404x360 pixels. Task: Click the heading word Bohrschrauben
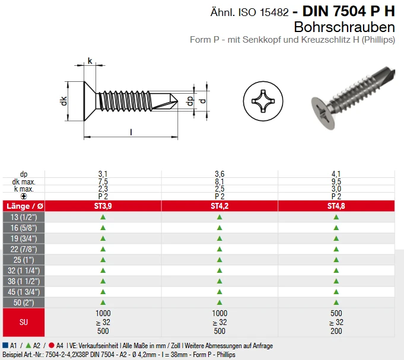coord(344,27)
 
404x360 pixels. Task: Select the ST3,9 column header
coord(103,206)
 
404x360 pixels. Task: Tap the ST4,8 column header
coord(336,206)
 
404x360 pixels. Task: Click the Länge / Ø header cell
coord(23,206)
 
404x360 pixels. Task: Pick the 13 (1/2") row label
coord(23,217)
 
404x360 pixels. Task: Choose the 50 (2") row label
coord(23,302)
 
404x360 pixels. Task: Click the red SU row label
coord(23,322)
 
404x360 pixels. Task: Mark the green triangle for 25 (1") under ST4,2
coord(220,260)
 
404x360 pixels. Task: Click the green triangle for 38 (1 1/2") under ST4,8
coord(336,281)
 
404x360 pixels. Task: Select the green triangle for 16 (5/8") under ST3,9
coord(103,228)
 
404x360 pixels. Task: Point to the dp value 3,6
coord(220,174)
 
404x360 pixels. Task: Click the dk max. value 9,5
coord(336,181)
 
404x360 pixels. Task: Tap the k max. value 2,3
coord(103,189)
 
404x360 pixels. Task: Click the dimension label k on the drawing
coord(90,60)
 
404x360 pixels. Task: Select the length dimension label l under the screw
coord(131,132)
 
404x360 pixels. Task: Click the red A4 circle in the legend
coord(52,345)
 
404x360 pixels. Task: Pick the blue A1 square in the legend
coord(5,345)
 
